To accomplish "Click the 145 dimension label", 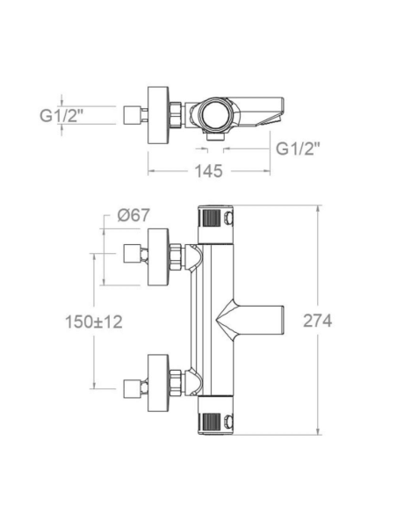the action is [209, 171].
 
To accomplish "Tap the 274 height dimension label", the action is [317, 321].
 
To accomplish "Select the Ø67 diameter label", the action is [134, 215].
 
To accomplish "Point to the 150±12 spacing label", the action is [94, 322].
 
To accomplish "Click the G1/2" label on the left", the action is [61, 115].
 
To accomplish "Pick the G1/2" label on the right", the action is [298, 148].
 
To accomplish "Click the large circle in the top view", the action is [215, 115].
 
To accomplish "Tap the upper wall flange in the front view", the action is [158, 256].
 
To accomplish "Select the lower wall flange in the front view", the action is [158, 383].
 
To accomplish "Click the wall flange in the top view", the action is [158, 115].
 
